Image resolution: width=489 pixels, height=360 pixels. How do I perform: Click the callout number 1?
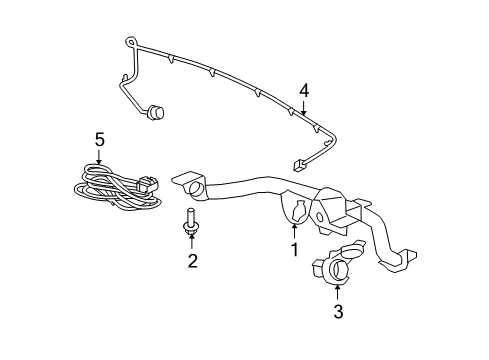pyautogui.click(x=294, y=249)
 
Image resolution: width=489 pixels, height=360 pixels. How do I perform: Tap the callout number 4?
pyautogui.click(x=303, y=92)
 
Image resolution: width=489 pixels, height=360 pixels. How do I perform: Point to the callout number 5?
pyautogui.click(x=99, y=140)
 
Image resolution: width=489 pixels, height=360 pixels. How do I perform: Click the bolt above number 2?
pyautogui.click(x=189, y=221)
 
